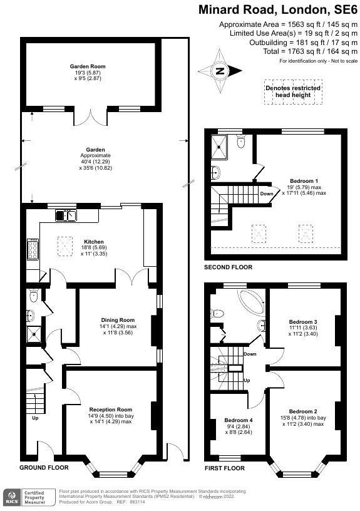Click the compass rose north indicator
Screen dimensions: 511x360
(x=220, y=71)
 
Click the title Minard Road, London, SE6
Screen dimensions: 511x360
(x=278, y=9)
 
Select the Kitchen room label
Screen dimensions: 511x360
(x=94, y=241)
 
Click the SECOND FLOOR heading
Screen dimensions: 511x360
(x=229, y=267)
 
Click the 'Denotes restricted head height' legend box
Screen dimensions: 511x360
(x=293, y=91)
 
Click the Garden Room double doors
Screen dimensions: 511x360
(x=94, y=115)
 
